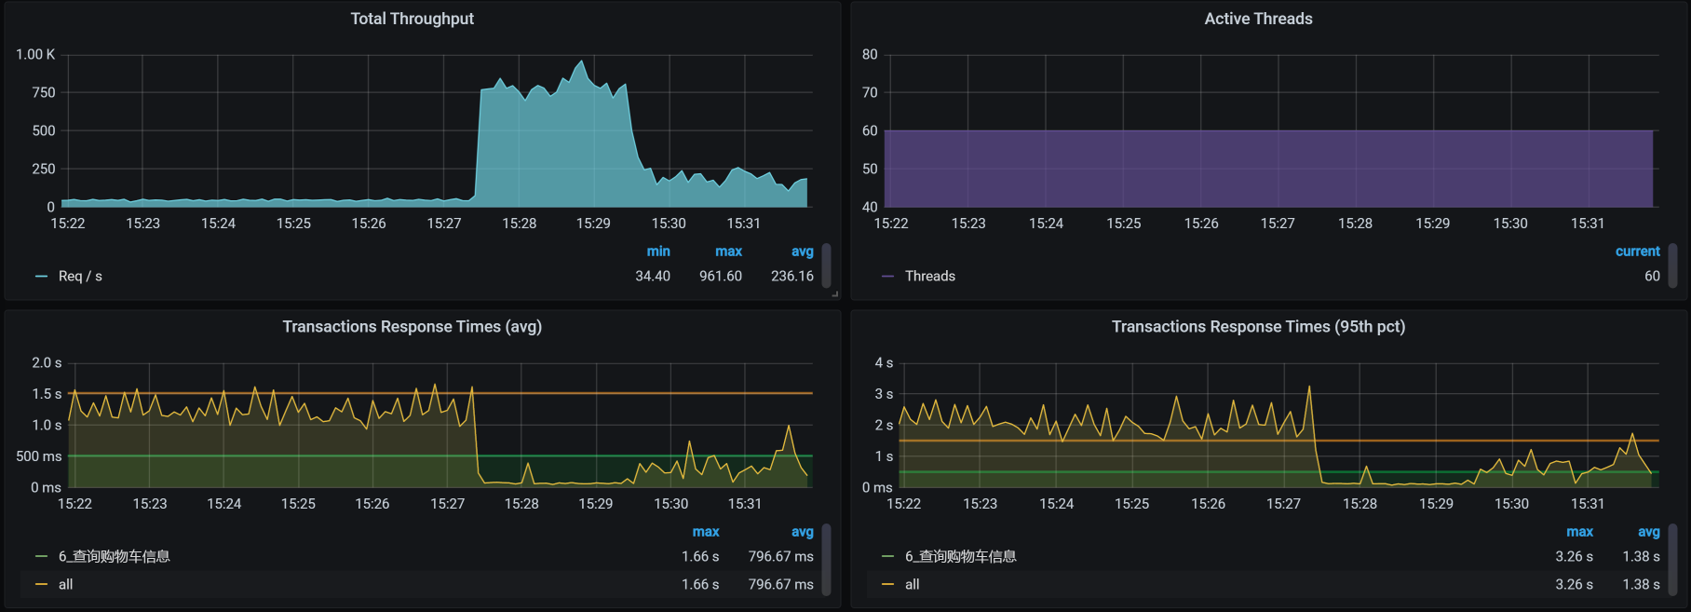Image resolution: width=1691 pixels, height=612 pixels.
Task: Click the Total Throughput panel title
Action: point(412,19)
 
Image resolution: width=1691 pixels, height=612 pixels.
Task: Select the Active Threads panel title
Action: point(1258,19)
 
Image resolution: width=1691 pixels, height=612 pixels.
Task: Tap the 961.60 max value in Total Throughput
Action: point(720,276)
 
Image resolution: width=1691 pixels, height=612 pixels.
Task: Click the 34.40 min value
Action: point(652,276)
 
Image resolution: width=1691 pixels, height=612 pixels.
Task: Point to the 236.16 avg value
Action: point(791,276)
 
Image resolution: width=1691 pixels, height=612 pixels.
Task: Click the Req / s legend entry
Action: point(80,276)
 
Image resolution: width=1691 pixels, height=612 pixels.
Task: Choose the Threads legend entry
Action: point(929,276)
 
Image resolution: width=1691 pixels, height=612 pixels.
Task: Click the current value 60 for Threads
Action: point(1652,276)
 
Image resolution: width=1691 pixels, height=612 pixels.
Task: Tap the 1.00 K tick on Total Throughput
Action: point(35,54)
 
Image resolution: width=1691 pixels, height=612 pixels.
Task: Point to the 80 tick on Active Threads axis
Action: point(870,54)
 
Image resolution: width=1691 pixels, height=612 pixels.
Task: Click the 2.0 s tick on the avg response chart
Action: point(47,362)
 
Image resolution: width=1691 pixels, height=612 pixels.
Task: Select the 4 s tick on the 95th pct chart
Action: point(884,362)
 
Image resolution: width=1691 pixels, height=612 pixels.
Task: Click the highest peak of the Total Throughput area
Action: point(582,62)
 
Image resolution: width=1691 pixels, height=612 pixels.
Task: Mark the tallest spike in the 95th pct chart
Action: point(1309,387)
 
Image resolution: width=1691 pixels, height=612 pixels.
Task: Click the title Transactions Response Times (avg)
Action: point(412,326)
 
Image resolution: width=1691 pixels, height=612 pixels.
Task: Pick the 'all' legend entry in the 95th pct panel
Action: point(912,584)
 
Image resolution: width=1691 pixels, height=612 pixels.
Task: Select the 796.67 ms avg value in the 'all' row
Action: point(780,584)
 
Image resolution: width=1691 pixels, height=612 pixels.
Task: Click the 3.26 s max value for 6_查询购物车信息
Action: point(1573,556)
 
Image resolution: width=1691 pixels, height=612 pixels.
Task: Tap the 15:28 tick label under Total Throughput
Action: point(519,224)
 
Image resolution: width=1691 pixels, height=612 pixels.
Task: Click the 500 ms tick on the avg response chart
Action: point(38,456)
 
